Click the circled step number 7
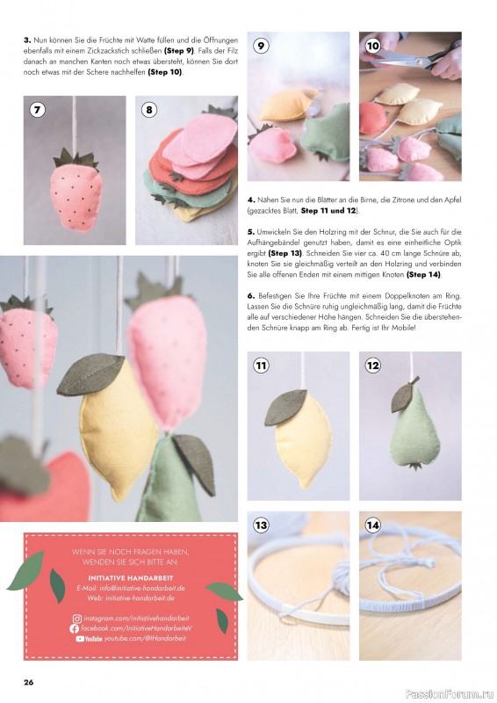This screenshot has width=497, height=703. (x=37, y=109)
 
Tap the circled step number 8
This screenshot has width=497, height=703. (x=149, y=109)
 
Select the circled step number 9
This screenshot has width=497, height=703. (x=261, y=46)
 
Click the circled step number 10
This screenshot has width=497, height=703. (x=373, y=46)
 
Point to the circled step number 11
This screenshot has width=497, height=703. (x=261, y=366)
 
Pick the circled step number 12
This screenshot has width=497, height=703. (x=373, y=366)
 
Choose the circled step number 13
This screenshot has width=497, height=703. (x=261, y=525)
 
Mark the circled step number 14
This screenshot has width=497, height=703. (x=373, y=525)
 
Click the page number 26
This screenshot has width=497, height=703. (x=29, y=683)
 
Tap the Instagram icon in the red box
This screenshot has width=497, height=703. (x=77, y=619)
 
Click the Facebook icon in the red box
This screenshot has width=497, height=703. (x=75, y=628)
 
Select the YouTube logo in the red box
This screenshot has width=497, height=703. (x=90, y=639)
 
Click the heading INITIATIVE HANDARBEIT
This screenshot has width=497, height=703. (x=131, y=578)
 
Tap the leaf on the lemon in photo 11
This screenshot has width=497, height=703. (x=285, y=407)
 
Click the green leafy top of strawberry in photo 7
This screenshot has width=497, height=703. (x=76, y=160)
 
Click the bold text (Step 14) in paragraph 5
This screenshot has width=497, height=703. (x=423, y=274)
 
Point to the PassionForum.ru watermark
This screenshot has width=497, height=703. (x=450, y=694)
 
